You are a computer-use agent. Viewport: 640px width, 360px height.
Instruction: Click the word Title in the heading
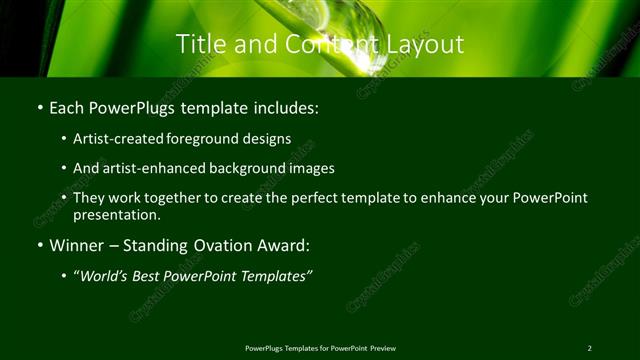198,44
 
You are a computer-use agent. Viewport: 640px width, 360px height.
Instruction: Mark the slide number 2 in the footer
589,347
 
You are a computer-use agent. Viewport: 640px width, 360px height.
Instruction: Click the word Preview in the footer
382,347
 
